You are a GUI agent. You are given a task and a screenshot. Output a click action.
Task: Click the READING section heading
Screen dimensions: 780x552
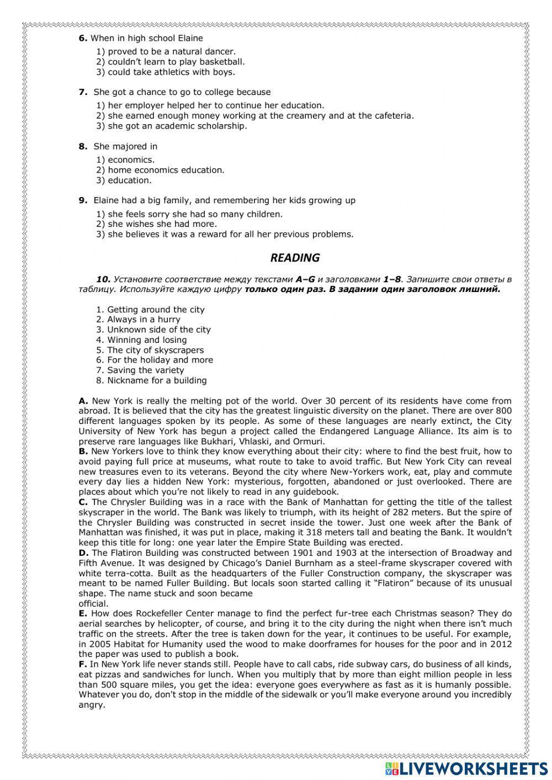pos(295,258)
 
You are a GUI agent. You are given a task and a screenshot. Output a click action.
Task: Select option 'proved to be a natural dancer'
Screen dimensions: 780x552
pos(171,52)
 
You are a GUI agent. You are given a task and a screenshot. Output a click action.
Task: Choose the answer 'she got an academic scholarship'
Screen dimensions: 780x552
pos(177,126)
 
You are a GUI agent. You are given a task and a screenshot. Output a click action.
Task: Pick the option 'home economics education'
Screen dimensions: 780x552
pos(166,170)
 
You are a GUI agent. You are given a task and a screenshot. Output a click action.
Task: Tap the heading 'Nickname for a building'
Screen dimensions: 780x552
pos(156,380)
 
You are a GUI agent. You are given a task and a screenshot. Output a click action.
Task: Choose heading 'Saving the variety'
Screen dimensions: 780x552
pos(145,370)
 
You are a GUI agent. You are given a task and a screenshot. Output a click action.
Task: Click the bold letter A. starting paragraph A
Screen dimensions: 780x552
pos(83,401)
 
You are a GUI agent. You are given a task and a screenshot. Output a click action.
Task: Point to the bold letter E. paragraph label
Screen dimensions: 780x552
pos(83,613)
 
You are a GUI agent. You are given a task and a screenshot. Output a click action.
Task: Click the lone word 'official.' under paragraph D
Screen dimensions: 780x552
pos(93,604)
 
